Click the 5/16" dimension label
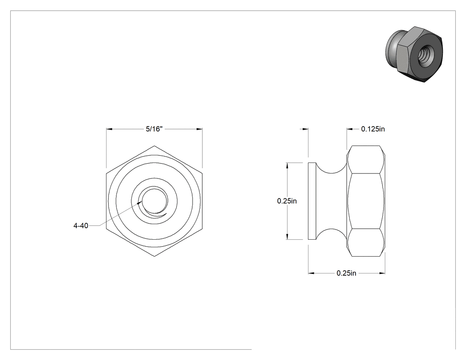point(154,129)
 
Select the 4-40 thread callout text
point(81,225)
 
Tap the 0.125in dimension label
point(373,129)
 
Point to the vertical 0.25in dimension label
point(287,201)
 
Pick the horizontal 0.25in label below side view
point(346,273)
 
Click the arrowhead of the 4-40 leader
point(140,203)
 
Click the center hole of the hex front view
point(154,201)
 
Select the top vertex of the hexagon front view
point(154,146)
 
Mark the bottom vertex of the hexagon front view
point(154,256)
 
